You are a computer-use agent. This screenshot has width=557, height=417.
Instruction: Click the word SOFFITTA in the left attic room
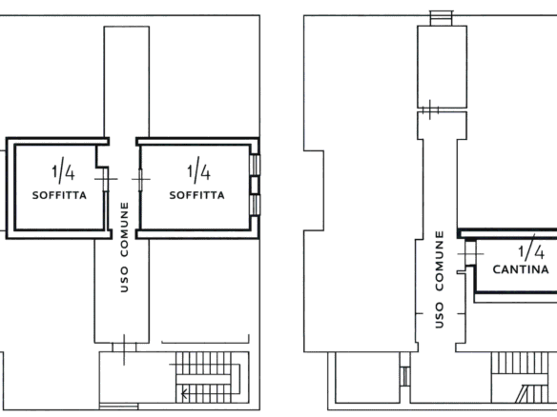[59, 195]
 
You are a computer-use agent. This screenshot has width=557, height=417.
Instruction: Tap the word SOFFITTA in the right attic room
[196, 195]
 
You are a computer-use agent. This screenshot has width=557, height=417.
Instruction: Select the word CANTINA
[521, 269]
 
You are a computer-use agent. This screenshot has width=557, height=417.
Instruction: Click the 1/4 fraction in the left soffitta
[63, 171]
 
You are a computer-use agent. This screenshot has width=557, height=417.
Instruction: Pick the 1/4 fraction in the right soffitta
[198, 170]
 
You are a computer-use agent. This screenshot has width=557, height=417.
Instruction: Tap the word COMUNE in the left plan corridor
[125, 229]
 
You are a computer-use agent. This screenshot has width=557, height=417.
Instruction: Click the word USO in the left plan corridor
[124, 280]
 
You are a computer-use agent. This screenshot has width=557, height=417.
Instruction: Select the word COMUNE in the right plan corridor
[440, 261]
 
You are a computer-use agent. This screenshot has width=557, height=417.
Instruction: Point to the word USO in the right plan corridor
[440, 315]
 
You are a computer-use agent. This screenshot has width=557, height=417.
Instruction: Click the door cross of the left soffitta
[106, 179]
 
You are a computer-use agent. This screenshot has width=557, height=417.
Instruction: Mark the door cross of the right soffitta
[140, 179]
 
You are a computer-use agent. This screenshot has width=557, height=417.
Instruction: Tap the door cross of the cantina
[470, 254]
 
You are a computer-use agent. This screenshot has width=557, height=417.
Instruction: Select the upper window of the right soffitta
[255, 164]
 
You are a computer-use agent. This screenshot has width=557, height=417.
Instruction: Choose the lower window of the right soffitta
[255, 205]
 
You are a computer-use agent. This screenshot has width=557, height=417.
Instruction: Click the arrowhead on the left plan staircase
[183, 393]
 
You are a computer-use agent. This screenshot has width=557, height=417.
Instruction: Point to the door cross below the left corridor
[124, 349]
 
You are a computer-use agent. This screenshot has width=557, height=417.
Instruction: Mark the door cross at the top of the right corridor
[430, 109]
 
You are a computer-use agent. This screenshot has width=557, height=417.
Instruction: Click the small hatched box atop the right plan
[442, 18]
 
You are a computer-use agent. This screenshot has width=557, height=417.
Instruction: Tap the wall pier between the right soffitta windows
[255, 185]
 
